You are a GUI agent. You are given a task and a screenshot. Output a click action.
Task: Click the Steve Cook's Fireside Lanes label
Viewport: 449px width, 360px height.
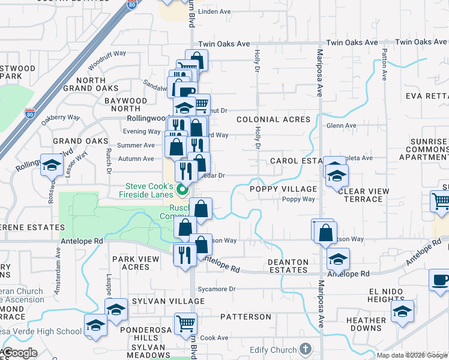(149, 190)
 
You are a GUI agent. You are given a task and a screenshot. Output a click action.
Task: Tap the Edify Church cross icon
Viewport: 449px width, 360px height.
(306, 349)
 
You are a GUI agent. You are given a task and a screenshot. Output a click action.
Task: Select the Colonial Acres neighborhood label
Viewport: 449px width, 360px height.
(273, 119)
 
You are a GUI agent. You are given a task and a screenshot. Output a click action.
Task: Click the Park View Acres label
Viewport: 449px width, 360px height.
(135, 263)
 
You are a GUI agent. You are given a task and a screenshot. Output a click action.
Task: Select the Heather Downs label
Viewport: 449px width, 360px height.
(366, 324)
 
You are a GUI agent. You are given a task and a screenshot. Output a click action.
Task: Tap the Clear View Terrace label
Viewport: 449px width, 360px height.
(363, 195)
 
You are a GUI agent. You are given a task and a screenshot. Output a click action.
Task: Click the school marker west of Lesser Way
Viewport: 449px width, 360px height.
(52, 165)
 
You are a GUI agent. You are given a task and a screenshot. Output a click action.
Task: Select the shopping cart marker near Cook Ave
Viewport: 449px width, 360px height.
(186, 324)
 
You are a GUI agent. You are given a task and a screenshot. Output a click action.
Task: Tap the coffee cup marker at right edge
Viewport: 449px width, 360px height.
(440, 280)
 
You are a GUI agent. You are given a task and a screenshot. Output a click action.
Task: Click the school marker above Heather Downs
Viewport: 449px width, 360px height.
(402, 310)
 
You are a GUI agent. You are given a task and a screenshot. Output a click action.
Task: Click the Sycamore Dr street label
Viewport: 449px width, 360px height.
(215, 289)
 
